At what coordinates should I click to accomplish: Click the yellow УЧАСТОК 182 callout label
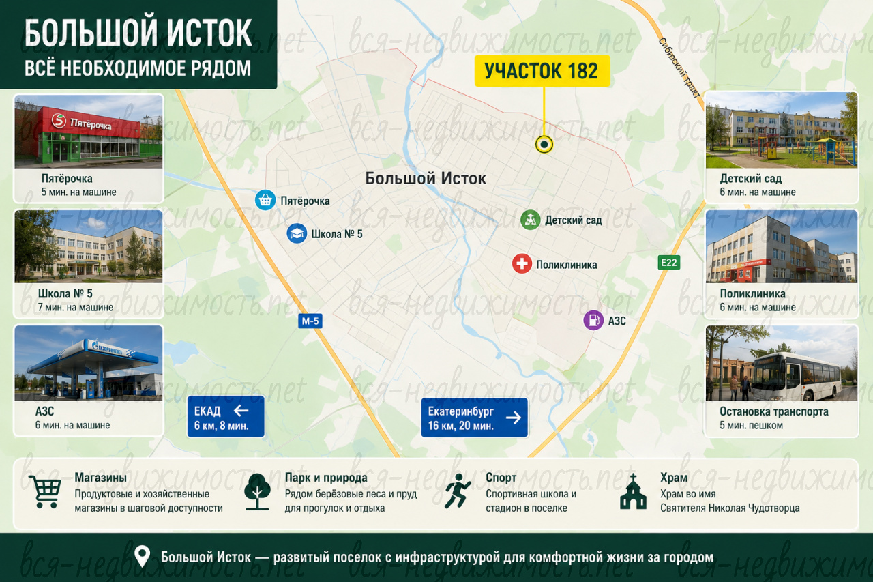[542, 71]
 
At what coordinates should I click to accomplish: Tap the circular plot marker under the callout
[544, 145]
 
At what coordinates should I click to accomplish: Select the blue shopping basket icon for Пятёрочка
[265, 200]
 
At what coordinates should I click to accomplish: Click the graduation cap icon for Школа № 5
[297, 233]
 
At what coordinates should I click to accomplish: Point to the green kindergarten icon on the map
[530, 220]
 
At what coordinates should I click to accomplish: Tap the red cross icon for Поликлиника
[522, 264]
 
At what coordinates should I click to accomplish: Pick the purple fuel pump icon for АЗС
[593, 320]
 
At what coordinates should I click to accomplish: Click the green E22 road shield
[669, 263]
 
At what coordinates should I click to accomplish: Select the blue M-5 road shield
[310, 321]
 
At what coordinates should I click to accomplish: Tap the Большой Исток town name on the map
[426, 179]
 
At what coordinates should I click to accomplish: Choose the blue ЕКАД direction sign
[226, 417]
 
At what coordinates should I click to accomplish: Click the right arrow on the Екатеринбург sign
[514, 418]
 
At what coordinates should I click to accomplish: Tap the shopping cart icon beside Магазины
[45, 491]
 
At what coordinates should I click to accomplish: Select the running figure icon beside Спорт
[458, 491]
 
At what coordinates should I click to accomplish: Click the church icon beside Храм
[633, 491]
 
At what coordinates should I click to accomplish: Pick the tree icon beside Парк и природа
[257, 492]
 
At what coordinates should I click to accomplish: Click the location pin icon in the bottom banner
[143, 556]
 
